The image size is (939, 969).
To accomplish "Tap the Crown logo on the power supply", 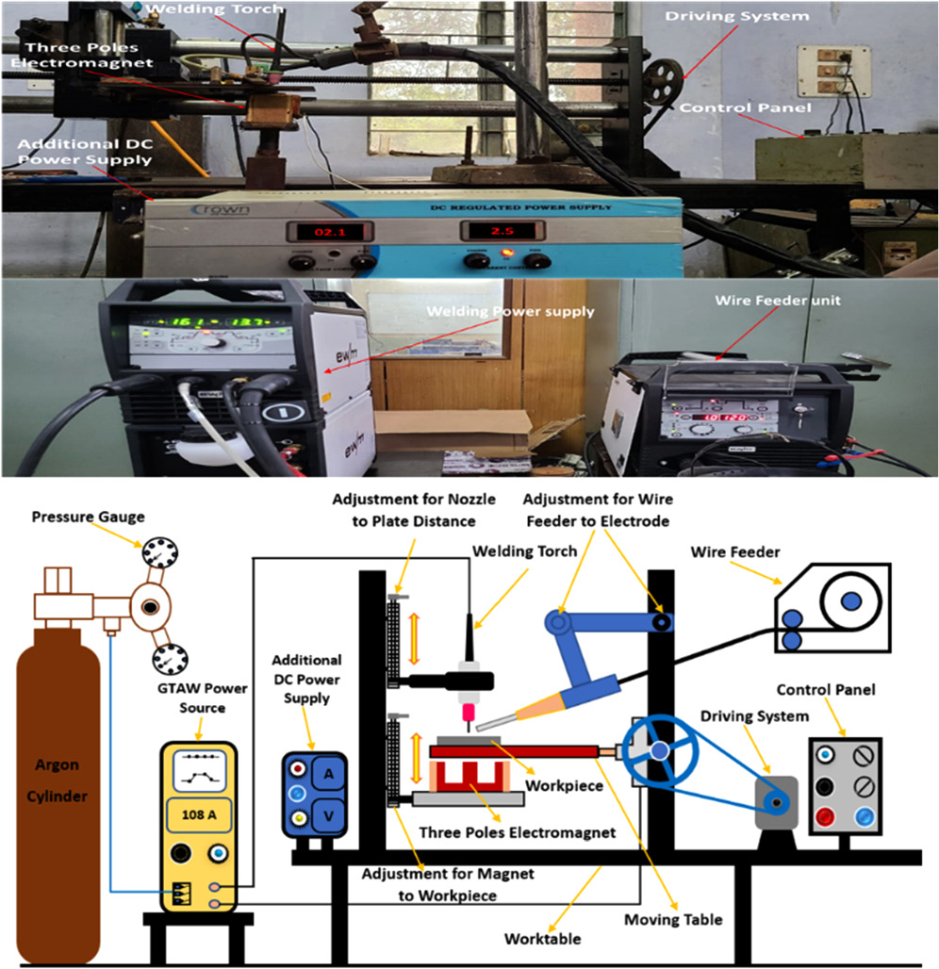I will click(x=220, y=209).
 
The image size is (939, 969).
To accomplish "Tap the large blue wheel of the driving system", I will click(x=659, y=750).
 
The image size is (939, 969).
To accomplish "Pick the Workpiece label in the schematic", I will click(x=564, y=784).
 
